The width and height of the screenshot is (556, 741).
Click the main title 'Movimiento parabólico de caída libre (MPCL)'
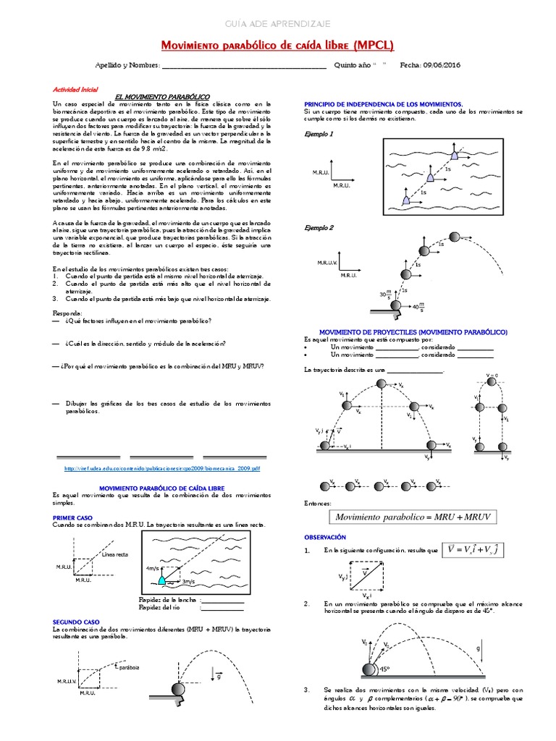point(277,46)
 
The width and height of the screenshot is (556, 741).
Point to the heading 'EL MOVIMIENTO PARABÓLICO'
point(163,96)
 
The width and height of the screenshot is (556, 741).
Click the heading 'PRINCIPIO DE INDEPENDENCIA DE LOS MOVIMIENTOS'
point(384,104)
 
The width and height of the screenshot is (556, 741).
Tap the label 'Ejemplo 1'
point(319,134)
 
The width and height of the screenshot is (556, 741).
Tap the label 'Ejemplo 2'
point(319,227)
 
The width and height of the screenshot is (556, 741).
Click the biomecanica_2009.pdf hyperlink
point(161,468)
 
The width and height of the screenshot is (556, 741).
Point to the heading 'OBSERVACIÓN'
point(325,538)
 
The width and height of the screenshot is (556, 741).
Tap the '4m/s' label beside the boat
point(153,568)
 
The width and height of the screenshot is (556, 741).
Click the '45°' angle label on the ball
point(385,669)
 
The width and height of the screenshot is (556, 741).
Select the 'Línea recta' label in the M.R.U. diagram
point(115,555)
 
